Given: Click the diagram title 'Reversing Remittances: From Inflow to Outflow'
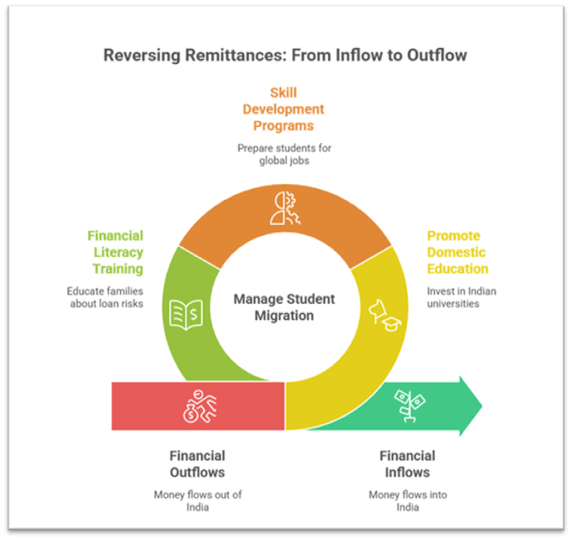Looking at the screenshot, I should [285, 56].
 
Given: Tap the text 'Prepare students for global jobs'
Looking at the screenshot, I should [285, 155].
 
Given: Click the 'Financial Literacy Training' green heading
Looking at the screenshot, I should [114, 252].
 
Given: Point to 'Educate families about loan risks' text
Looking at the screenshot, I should [104, 297].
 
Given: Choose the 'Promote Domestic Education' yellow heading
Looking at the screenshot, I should [457, 252].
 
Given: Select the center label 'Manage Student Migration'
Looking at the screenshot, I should [284, 307].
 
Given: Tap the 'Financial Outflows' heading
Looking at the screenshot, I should [197, 464].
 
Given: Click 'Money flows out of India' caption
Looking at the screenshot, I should [197, 501].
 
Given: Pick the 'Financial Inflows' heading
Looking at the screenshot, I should [407, 464].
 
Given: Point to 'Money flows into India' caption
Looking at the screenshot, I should [408, 501].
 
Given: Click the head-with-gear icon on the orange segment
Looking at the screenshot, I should [284, 207].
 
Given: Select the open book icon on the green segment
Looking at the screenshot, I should [186, 314].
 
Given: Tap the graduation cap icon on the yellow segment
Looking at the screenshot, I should [382, 315].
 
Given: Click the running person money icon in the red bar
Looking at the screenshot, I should [198, 405].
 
